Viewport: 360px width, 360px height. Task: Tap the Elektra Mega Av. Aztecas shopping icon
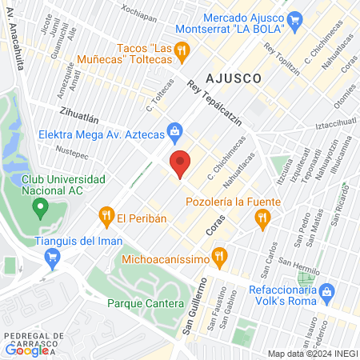174,130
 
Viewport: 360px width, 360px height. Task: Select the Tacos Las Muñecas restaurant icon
183,50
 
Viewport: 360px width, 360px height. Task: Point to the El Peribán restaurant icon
106,215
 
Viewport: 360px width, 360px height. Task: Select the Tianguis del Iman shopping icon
54,257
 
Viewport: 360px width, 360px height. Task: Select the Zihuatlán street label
80,115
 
